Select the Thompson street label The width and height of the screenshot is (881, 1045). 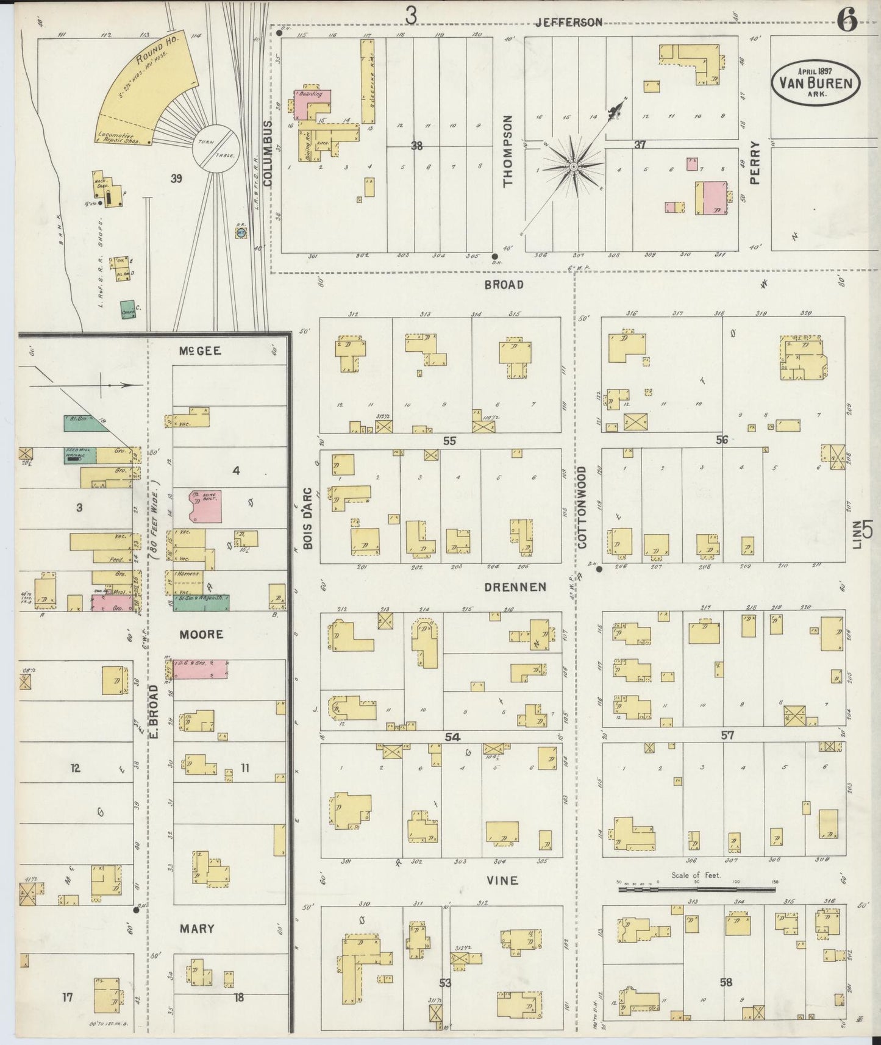coord(508,151)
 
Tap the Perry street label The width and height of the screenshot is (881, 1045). coord(755,163)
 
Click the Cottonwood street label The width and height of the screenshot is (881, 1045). coord(582,507)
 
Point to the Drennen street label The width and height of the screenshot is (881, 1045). coord(515,587)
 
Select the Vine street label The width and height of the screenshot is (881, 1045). coord(503,880)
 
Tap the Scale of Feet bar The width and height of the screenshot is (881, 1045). coord(697,890)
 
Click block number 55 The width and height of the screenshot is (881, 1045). coord(449,440)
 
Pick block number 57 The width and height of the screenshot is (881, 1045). coord(727,735)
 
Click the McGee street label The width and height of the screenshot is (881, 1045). coord(199,351)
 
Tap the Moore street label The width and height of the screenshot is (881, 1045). coord(201,635)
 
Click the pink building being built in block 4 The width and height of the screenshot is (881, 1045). coord(204,505)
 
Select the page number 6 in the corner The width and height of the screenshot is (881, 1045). coord(847,21)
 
